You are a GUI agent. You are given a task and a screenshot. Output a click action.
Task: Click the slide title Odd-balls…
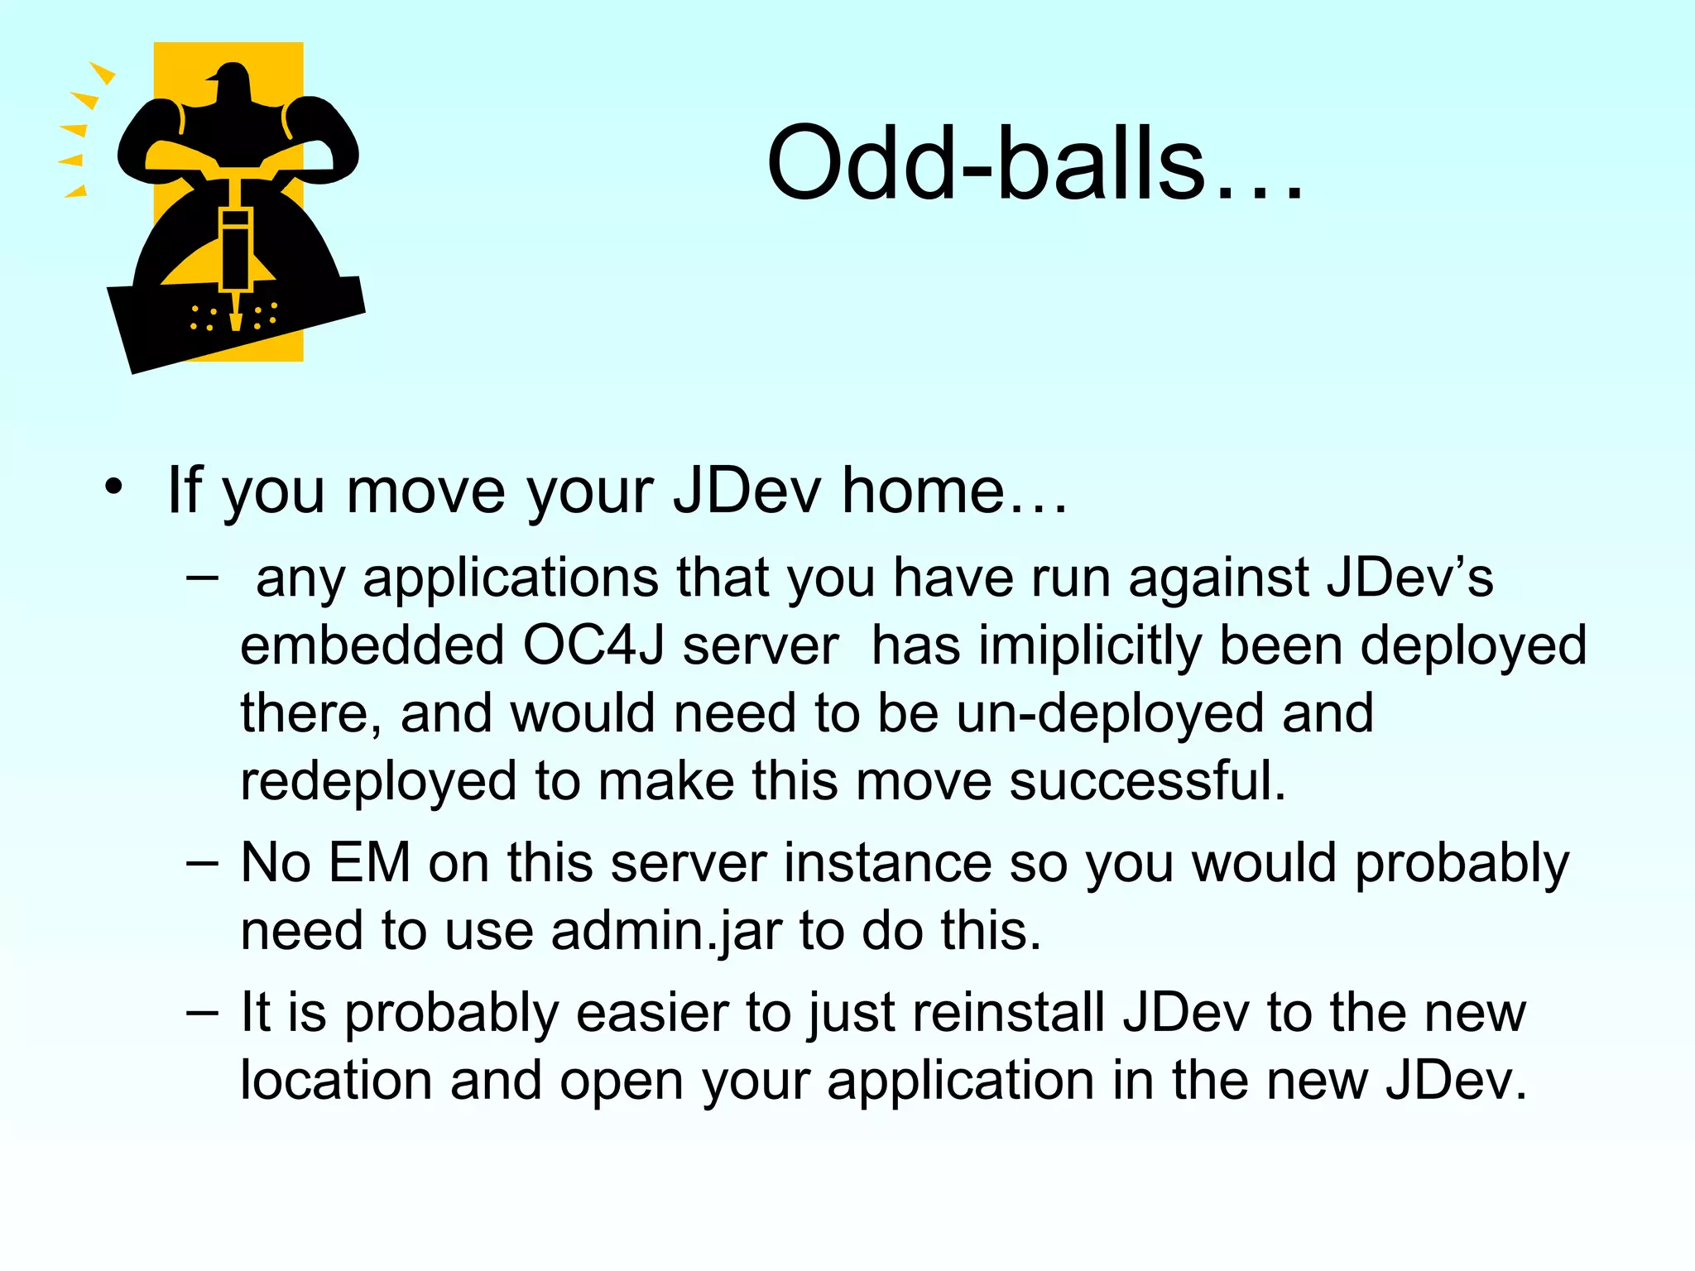click(x=1035, y=163)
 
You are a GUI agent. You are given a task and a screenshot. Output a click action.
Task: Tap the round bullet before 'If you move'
click(x=113, y=487)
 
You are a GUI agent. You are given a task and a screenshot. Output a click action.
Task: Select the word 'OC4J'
click(x=593, y=645)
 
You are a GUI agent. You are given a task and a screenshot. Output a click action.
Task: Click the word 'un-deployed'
click(x=1109, y=713)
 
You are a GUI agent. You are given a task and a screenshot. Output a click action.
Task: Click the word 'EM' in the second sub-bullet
click(x=369, y=863)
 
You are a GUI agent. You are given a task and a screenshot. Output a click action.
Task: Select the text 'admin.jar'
click(x=666, y=931)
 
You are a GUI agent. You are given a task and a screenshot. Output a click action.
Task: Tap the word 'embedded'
click(x=372, y=645)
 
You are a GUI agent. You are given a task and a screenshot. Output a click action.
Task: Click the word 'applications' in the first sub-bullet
click(x=511, y=578)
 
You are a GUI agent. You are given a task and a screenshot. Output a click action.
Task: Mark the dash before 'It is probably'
click(x=203, y=1012)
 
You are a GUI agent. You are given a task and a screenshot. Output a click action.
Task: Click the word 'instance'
click(x=887, y=863)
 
